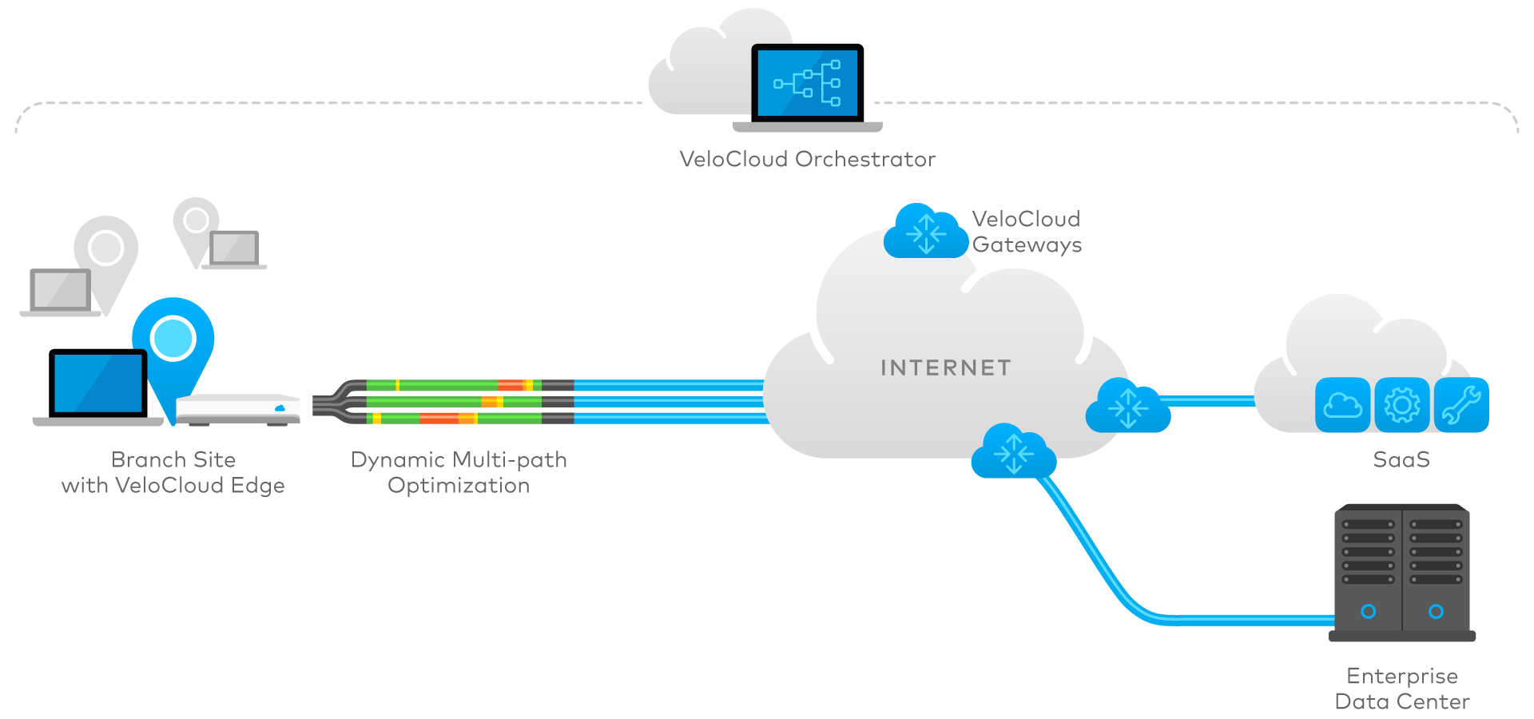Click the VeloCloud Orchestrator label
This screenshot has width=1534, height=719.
(x=807, y=159)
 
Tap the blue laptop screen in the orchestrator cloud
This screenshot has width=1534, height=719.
(x=807, y=83)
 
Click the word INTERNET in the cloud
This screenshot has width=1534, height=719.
(x=946, y=367)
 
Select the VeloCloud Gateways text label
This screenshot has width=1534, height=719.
(x=1027, y=232)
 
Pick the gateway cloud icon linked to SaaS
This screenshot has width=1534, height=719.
(x=1127, y=407)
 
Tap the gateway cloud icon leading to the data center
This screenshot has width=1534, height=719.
(x=1013, y=452)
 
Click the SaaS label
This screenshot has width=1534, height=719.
(x=1401, y=459)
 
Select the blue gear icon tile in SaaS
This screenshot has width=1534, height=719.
(x=1402, y=405)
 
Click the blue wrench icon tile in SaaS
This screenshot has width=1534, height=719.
(x=1461, y=405)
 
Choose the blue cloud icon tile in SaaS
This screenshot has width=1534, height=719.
(x=1343, y=405)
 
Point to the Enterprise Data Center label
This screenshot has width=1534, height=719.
(x=1402, y=689)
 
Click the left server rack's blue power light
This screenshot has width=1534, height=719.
(x=1369, y=611)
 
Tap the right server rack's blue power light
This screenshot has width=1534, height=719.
(x=1436, y=611)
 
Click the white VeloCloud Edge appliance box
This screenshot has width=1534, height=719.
(x=238, y=408)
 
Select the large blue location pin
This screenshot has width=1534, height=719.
(x=173, y=340)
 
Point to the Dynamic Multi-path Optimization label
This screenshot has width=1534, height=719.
(x=459, y=472)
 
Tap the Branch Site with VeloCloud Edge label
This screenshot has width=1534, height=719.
(x=173, y=472)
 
